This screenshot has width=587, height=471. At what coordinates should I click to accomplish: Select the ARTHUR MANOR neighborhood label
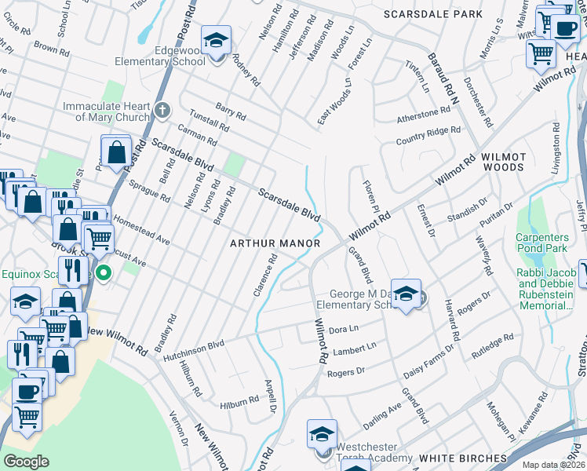(275, 243)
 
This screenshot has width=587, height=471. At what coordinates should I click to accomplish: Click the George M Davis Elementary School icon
(405, 294)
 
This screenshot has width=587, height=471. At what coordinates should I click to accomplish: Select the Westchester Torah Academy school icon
(322, 434)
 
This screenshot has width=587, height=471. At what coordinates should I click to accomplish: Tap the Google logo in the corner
(27, 461)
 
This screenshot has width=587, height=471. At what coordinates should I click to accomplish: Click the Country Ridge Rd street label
(428, 135)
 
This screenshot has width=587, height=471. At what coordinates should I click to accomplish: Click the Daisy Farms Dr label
(420, 367)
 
